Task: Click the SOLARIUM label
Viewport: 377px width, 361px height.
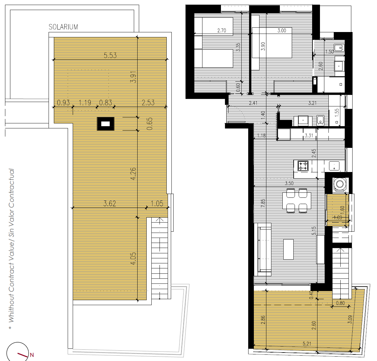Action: [63, 27]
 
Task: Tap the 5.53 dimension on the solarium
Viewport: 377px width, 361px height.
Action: [110, 55]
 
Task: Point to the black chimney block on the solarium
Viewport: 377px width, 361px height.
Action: [106, 124]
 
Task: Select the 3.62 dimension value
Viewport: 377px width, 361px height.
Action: [110, 203]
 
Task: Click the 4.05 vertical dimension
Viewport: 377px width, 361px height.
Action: [133, 258]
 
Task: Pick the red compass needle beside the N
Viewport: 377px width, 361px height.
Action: [23, 355]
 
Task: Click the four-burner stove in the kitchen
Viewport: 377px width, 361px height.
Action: [303, 166]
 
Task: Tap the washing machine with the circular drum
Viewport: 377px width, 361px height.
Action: [340, 184]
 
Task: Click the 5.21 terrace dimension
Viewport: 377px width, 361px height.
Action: [307, 344]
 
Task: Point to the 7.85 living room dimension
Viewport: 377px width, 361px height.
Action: [263, 203]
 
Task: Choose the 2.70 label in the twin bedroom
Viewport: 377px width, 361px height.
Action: [222, 30]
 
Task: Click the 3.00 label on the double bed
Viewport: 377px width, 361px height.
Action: [282, 30]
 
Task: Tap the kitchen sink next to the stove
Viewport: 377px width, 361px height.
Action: [334, 166]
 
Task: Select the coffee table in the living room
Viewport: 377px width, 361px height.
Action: [288, 249]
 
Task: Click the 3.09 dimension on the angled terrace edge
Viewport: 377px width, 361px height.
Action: [350, 319]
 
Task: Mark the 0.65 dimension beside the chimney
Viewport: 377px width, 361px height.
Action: [149, 124]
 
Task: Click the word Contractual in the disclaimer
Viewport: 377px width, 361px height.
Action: [11, 188]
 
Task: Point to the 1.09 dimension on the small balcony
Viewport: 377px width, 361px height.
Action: [338, 217]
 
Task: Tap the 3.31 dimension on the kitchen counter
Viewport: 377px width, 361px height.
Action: [309, 135]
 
